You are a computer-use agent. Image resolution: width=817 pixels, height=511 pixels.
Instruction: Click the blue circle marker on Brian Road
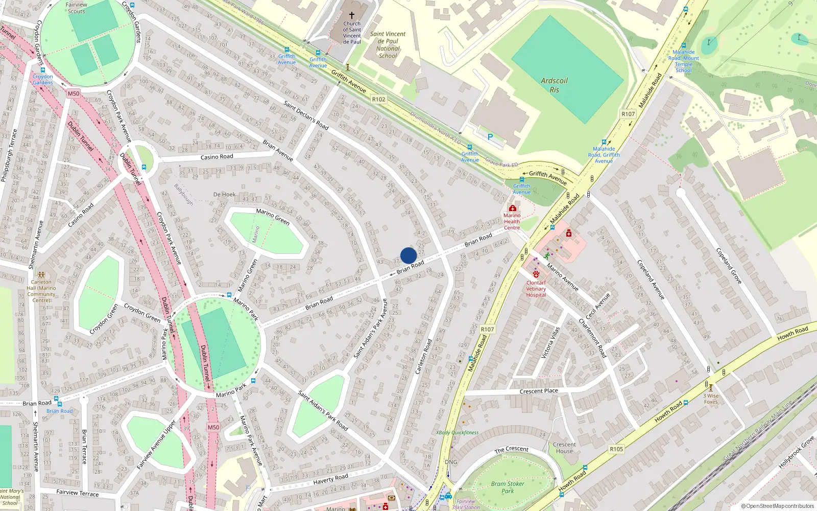(408, 255)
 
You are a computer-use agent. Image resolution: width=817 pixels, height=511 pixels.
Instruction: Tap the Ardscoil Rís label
(554, 85)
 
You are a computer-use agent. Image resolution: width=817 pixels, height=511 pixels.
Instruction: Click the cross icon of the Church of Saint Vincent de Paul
(351, 15)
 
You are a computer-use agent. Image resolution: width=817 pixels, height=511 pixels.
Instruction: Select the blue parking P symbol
(490, 137)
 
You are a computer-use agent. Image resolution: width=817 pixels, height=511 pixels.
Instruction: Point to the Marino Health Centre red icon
(512, 208)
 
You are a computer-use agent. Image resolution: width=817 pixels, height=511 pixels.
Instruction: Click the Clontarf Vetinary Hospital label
(536, 289)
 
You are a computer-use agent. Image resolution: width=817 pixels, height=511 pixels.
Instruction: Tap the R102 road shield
(378, 100)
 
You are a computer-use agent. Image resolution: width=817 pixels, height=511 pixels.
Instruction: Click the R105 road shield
(616, 449)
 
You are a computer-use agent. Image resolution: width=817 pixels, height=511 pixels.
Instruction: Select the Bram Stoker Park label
(508, 487)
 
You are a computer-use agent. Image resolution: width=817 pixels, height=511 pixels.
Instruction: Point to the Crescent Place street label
(539, 391)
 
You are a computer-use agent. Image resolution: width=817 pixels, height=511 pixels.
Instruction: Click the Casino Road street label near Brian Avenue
(217, 157)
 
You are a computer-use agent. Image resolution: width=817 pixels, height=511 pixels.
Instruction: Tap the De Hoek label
(224, 195)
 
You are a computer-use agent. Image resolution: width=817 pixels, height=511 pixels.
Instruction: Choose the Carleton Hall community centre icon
(41, 275)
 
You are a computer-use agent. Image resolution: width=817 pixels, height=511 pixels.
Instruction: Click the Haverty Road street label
(330, 479)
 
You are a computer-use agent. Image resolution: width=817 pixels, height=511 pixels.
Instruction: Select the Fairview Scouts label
(77, 8)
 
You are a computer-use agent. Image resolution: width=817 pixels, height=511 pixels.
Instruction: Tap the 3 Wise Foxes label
(711, 399)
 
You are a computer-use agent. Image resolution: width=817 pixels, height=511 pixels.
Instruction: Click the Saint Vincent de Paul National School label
(388, 45)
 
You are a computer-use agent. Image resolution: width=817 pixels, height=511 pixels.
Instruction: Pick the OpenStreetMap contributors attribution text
(778, 506)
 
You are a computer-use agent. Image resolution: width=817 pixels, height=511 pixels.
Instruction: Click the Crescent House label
(564, 448)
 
